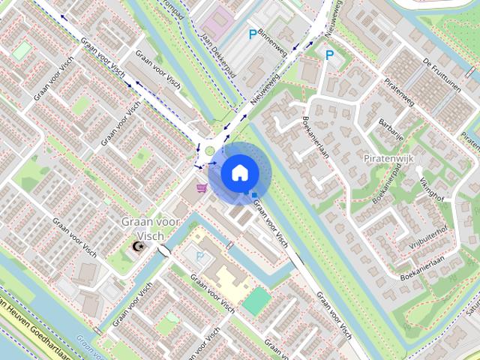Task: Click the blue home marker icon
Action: [x=239, y=172]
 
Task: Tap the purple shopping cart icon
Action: [x=201, y=187]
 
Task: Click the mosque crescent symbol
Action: [x=136, y=246]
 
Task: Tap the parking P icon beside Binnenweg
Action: [x=252, y=34]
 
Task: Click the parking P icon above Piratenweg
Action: [x=329, y=54]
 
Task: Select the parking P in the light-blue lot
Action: [x=199, y=257]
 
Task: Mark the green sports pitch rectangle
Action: [x=256, y=301]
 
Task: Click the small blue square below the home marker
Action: [x=254, y=196]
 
